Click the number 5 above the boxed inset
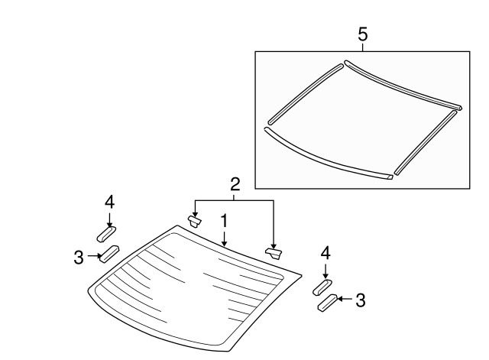363,34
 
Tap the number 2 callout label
235,183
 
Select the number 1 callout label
224,220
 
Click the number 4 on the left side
109,201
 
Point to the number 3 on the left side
79,258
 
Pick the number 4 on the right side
325,252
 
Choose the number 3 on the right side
360,300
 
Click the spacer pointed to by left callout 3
110,253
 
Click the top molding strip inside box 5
401,83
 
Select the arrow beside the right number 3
344,300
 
